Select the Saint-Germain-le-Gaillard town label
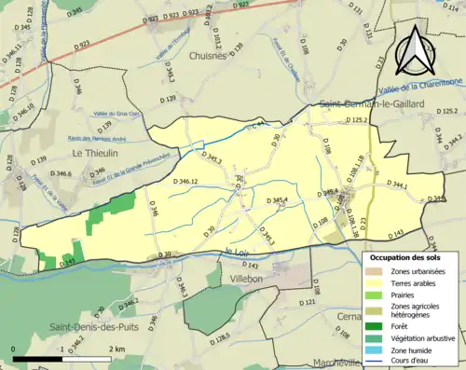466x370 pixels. pyautogui.click(x=371, y=103)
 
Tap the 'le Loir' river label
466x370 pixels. pyautogui.click(x=238, y=251)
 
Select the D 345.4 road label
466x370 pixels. pyautogui.click(x=279, y=200)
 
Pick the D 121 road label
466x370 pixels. pyautogui.click(x=308, y=303)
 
